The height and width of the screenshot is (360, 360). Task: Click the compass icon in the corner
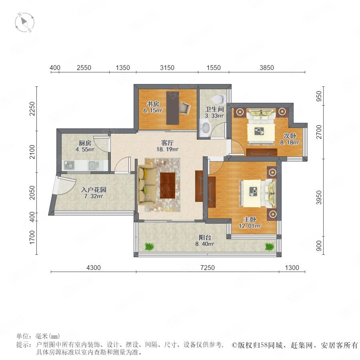click(24, 22)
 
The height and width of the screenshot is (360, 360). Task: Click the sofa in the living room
click(147, 185)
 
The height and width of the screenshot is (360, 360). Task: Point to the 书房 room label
click(153, 104)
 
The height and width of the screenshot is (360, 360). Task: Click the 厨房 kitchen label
click(85, 143)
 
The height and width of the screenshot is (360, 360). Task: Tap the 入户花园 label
click(94, 190)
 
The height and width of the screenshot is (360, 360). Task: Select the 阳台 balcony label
click(205, 237)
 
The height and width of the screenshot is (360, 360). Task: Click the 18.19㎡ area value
click(167, 149)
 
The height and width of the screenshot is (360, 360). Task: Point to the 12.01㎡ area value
click(250, 226)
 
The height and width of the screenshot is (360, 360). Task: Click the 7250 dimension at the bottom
click(207, 268)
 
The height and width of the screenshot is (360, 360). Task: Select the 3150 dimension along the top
click(167, 68)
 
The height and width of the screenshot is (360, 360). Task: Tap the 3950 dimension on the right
click(319, 198)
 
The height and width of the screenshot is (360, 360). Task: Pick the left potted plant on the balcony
click(149, 246)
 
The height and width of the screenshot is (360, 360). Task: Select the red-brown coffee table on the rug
click(168, 185)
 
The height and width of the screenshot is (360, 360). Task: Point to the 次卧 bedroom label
click(290, 136)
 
